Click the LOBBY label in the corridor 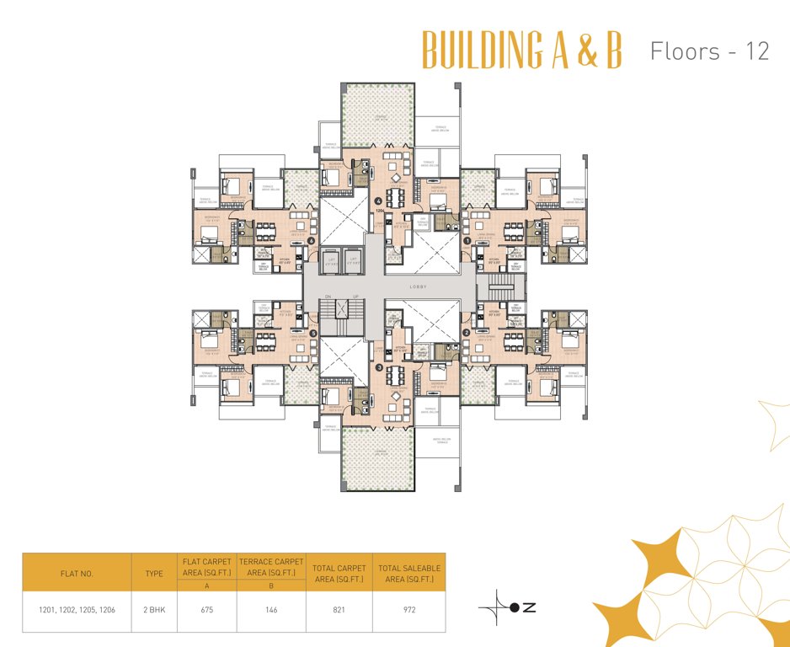pyautogui.click(x=419, y=286)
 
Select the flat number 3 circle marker pyautogui.click(x=379, y=367)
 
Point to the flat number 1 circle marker pyautogui.click(x=467, y=240)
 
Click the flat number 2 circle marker pyautogui.click(x=466, y=333)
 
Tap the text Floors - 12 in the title pyautogui.click(x=709, y=51)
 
